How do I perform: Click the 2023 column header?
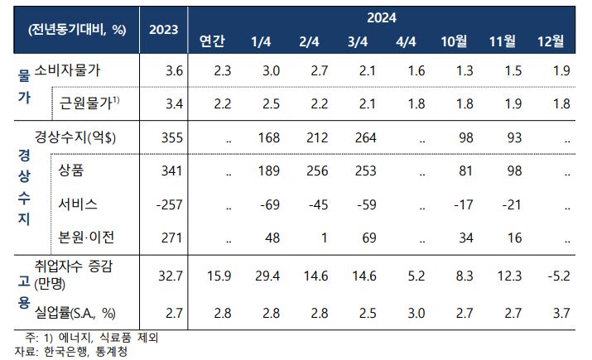(163, 30)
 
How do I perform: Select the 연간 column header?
(212, 41)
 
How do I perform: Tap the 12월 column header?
(551, 41)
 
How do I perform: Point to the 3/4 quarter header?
(358, 41)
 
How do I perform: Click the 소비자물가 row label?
(68, 70)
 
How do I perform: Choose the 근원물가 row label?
(89, 103)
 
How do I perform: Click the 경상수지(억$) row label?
(75, 137)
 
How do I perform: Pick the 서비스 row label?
(78, 204)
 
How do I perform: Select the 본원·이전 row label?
(86, 238)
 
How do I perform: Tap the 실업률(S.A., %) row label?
(75, 313)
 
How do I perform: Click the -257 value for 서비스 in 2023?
(170, 204)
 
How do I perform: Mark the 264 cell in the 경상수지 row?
(365, 137)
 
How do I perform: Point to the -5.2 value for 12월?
(559, 276)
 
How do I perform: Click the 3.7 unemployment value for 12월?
(561, 313)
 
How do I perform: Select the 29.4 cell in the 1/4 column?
(267, 276)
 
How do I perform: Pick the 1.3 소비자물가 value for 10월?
(464, 70)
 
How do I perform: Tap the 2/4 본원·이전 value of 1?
(324, 238)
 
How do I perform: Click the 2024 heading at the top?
(382, 17)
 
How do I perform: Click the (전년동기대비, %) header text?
(77, 30)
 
